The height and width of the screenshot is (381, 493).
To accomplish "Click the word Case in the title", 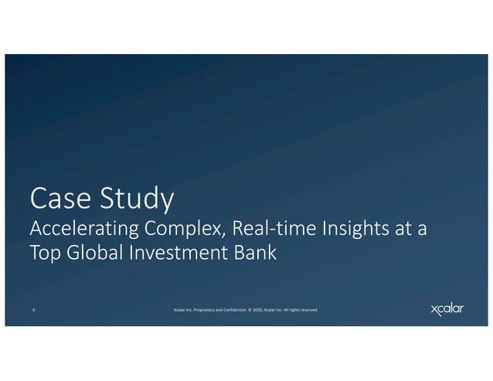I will point(57,199).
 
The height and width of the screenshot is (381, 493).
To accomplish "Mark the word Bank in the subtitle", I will point(255,253).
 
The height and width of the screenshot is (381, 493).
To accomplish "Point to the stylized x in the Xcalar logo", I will point(436,310).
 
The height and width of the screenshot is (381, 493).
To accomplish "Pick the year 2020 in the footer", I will point(258,311).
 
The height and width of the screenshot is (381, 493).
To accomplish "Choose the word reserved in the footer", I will point(308,311).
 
